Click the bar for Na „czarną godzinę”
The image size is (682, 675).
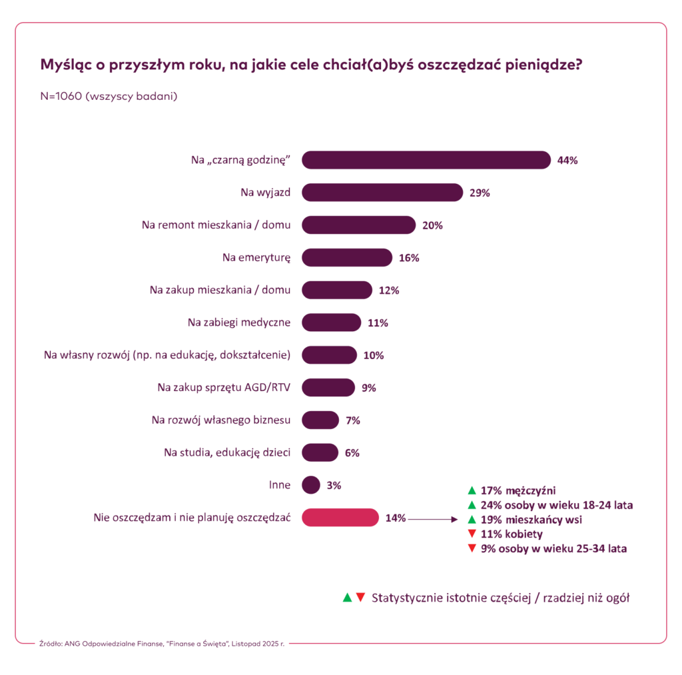point(426,160)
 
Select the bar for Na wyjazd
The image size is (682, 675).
point(382,193)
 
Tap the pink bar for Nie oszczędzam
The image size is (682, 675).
point(340,518)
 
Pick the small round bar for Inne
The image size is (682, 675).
point(311,485)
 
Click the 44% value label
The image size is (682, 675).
point(567,161)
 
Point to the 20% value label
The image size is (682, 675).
point(432,225)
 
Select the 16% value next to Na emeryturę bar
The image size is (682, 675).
point(409,258)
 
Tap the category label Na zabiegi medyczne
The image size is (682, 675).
point(238,323)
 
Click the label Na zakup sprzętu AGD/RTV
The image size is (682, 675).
point(224,387)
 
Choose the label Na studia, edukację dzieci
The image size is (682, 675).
point(227,452)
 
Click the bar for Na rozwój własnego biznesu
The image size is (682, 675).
point(320,420)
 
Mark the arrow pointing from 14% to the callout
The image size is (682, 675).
point(432,518)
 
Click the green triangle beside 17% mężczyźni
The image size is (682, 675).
point(472,490)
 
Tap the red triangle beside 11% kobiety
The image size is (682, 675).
point(472,534)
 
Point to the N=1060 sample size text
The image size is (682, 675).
point(109,96)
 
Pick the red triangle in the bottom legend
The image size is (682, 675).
point(360,597)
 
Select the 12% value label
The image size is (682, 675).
point(388,291)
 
